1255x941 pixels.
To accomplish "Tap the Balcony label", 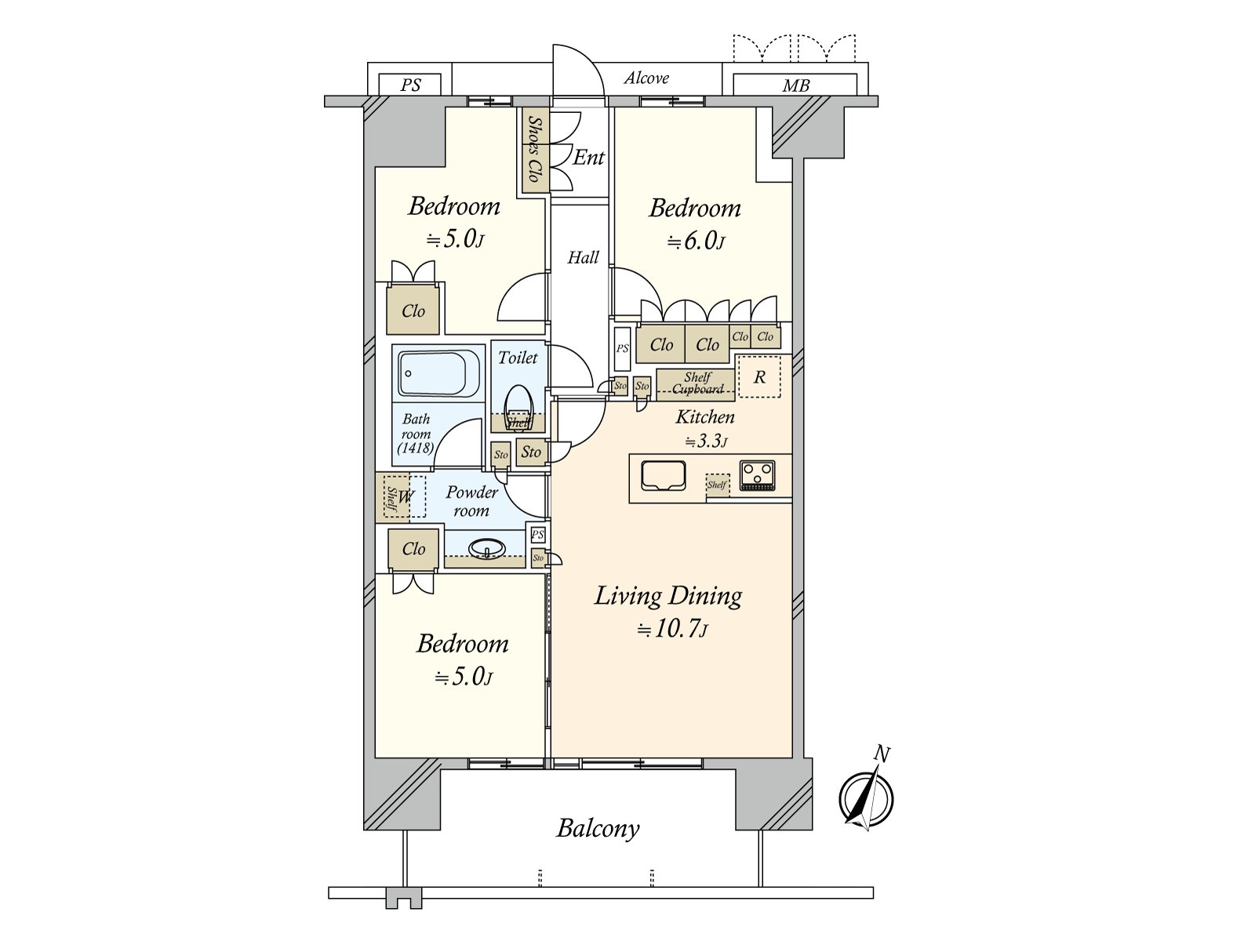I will tap(598, 828).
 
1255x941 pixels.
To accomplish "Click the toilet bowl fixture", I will tap(518, 403).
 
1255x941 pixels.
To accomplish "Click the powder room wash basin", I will tap(487, 548).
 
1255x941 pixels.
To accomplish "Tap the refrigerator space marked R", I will tap(759, 377).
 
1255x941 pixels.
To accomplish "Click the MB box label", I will tap(795, 85).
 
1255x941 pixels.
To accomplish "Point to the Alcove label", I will tap(647, 78).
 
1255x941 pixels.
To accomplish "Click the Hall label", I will tap(583, 257).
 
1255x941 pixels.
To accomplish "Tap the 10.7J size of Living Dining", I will tap(672, 630).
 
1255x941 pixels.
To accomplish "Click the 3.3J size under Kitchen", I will tap(706, 441).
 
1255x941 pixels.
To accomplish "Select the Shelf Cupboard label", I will tap(697, 383).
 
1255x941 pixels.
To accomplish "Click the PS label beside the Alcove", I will tap(410, 85).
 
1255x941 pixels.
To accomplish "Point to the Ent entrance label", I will tap(588, 158).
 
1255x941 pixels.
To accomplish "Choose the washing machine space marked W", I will tap(406, 496).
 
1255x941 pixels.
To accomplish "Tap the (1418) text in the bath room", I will tap(415, 449).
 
